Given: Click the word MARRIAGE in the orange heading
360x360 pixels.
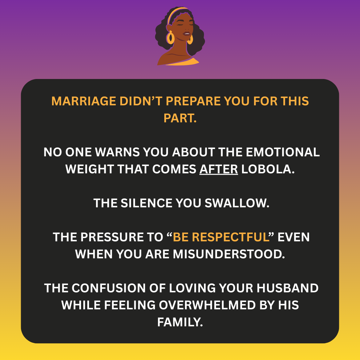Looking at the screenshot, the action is pyautogui.click(x=84, y=101).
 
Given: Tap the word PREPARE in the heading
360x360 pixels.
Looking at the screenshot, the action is pyautogui.click(x=193, y=101).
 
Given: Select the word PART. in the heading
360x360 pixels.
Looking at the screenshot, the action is pyautogui.click(x=180, y=118).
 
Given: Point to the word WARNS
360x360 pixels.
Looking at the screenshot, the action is pyautogui.click(x=117, y=152).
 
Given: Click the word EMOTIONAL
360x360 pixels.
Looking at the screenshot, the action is pyautogui.click(x=283, y=152).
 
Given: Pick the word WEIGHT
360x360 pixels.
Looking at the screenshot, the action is pyautogui.click(x=90, y=169).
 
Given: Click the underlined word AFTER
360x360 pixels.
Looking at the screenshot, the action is pyautogui.click(x=219, y=169).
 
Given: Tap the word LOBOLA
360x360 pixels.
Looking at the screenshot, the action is pyautogui.click(x=268, y=169).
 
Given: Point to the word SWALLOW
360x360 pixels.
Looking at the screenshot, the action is pyautogui.click(x=237, y=203).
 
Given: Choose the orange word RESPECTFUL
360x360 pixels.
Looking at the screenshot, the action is pyautogui.click(x=231, y=237).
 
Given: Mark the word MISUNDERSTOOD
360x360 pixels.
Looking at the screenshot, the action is pyautogui.click(x=229, y=254).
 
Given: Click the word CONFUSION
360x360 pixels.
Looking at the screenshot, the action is pyautogui.click(x=109, y=288).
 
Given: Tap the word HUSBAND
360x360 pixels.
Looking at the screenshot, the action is pyautogui.click(x=287, y=288).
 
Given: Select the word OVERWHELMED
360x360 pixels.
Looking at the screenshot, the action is pyautogui.click(x=207, y=305).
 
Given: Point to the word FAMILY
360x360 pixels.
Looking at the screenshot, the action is pyautogui.click(x=180, y=322).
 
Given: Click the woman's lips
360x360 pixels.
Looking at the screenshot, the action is pyautogui.click(x=186, y=34).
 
